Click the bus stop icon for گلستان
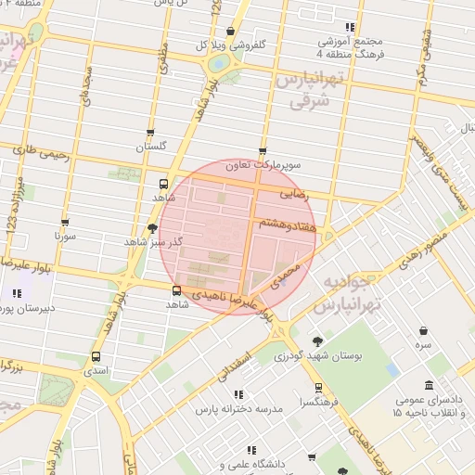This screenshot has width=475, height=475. coord(150,134)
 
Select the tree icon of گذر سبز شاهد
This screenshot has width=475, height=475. coord(152,227)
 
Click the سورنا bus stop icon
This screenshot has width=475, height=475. coord(65,223)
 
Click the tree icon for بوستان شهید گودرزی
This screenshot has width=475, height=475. coord(318,341)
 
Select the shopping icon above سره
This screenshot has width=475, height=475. coord(424,330)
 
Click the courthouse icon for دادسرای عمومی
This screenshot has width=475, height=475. coord(429,385)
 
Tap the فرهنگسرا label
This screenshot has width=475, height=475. coord(318,403)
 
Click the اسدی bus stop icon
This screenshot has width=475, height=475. coord(96,356)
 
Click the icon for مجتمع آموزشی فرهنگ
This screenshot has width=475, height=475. coord(350,28)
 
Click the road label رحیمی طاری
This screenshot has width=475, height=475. coord(48,152)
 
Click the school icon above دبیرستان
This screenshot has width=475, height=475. coord(17,295)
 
